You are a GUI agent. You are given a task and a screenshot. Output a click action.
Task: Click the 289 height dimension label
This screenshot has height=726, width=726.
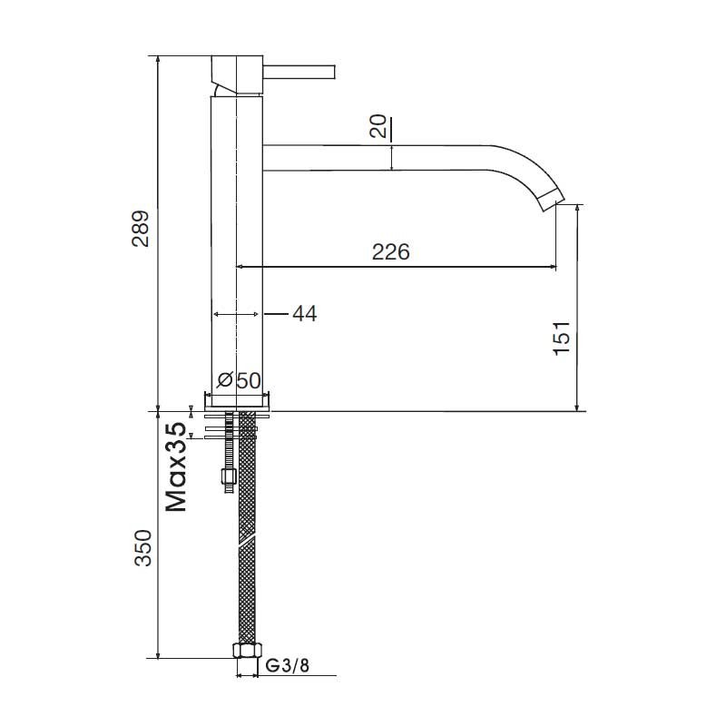pos(141,229)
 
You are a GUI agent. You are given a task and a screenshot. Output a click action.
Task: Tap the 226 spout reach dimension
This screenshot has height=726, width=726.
pos(391,252)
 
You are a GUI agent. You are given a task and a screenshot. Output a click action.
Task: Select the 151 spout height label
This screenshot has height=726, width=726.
pos(562,338)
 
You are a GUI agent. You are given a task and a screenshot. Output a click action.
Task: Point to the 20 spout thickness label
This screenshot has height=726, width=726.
pos(378,126)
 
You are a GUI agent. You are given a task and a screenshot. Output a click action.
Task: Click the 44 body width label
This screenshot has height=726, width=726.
pos(305,313)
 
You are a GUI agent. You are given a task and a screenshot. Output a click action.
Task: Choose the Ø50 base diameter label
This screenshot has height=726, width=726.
pos(239,380)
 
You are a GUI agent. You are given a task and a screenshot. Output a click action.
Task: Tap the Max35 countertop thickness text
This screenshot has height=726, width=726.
pos(176,466)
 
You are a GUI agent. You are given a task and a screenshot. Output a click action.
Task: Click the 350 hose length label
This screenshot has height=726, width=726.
pos(143,548)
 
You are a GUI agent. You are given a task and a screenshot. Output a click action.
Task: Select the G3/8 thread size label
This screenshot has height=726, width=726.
pos(287,666)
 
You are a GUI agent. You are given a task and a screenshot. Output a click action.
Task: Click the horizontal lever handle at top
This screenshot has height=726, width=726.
pos(299,72)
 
